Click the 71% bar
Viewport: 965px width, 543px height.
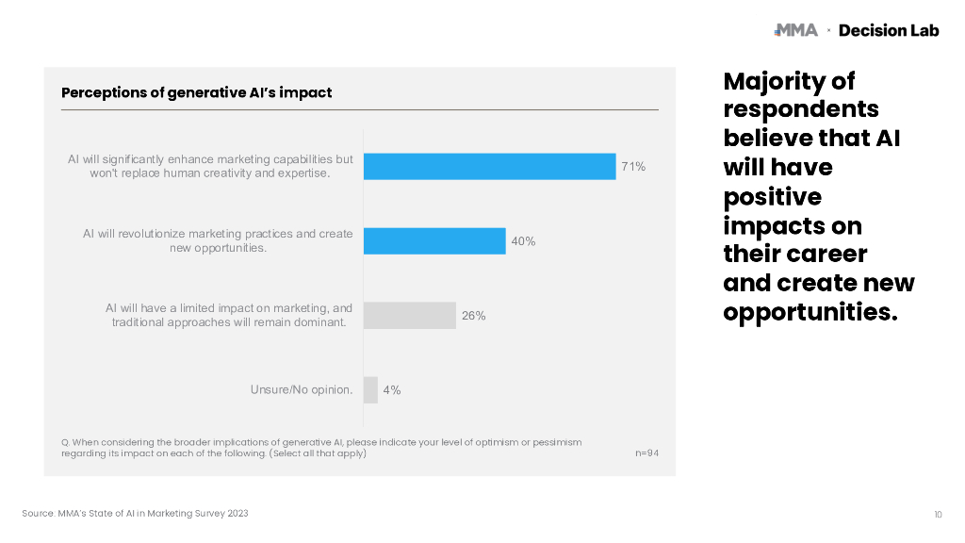pyautogui.click(x=489, y=167)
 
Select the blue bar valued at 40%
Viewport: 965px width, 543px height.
pyautogui.click(x=434, y=241)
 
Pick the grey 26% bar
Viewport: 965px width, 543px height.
pyautogui.click(x=410, y=316)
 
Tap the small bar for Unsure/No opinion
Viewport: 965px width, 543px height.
pyautogui.click(x=370, y=390)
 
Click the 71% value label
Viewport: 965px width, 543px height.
pyautogui.click(x=633, y=167)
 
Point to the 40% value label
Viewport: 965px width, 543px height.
pyautogui.click(x=523, y=241)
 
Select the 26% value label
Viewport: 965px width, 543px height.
pyautogui.click(x=473, y=316)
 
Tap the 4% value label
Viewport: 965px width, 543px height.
pyautogui.click(x=391, y=390)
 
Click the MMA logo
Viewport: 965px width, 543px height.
pyautogui.click(x=795, y=30)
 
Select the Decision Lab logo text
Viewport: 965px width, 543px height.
pyautogui.click(x=889, y=30)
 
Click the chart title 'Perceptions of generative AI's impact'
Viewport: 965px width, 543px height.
pyautogui.click(x=196, y=93)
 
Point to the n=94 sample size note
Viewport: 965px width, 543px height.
pyautogui.click(x=646, y=453)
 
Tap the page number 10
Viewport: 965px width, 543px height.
pyautogui.click(x=938, y=514)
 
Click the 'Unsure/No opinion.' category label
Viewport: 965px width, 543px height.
pyautogui.click(x=302, y=389)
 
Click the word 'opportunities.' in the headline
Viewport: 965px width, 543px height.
pyautogui.click(x=810, y=312)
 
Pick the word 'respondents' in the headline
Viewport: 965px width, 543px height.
pyautogui.click(x=801, y=109)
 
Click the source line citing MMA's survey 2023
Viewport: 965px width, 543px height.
pyautogui.click(x=136, y=514)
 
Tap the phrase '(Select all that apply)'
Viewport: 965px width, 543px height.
pyautogui.click(x=318, y=453)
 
